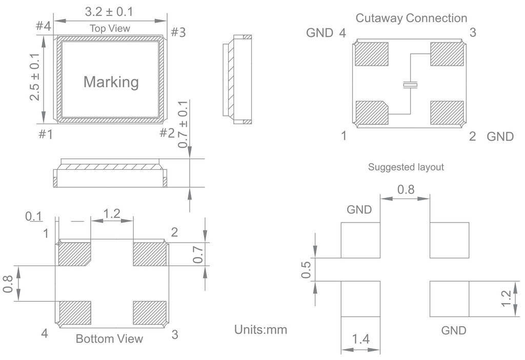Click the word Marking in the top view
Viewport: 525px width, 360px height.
pos(111,82)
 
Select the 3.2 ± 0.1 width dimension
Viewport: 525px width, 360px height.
pos(110,11)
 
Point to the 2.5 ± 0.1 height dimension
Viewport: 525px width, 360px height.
pos(35,76)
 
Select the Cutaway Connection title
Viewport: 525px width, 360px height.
pos(411,18)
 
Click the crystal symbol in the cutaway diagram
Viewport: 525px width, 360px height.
pos(410,85)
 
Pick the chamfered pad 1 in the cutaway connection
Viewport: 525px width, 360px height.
pos(371,113)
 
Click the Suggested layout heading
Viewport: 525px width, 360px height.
pos(406,167)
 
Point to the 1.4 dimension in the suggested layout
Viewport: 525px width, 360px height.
pos(360,338)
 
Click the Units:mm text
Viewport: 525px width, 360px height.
pos(260,330)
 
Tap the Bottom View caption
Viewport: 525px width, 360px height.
pos(109,339)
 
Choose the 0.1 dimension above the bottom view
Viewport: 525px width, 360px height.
pos(34,216)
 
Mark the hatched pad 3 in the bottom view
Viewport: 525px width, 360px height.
pos(149,313)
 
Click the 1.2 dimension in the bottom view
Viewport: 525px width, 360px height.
pos(112,213)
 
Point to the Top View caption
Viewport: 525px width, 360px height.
pos(110,28)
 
